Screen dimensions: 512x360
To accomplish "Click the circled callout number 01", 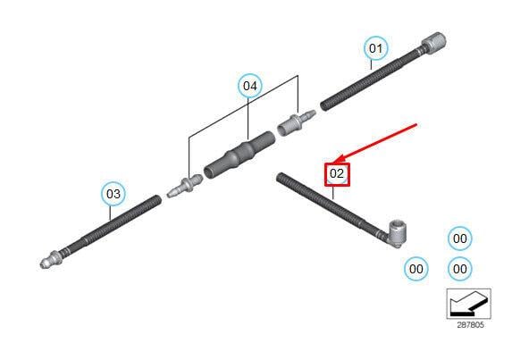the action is pyautogui.click(x=376, y=48).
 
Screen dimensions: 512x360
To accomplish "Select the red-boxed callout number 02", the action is pyautogui.click(x=337, y=174).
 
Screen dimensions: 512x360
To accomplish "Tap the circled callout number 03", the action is pyautogui.click(x=113, y=194).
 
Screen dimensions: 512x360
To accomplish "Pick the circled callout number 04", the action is pyautogui.click(x=250, y=86).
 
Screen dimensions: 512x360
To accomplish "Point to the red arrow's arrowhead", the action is pyautogui.click(x=339, y=159).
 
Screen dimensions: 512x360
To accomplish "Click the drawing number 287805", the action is pyautogui.click(x=470, y=325).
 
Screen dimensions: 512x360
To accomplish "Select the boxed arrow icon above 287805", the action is pyautogui.click(x=468, y=304).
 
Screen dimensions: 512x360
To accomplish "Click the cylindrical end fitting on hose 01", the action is pyautogui.click(x=434, y=42).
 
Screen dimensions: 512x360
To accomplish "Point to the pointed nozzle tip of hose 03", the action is pyautogui.click(x=44, y=263).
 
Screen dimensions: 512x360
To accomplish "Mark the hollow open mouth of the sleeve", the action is pyautogui.click(x=210, y=172).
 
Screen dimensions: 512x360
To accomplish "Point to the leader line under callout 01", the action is pyautogui.click(x=372, y=64).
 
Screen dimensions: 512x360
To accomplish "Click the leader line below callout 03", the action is pyautogui.click(x=111, y=213).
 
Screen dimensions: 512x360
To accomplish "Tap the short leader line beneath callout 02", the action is pyautogui.click(x=333, y=193).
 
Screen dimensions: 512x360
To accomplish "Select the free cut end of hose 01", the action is pyautogui.click(x=323, y=106).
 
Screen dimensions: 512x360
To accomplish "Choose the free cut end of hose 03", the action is pyautogui.click(x=158, y=199).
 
